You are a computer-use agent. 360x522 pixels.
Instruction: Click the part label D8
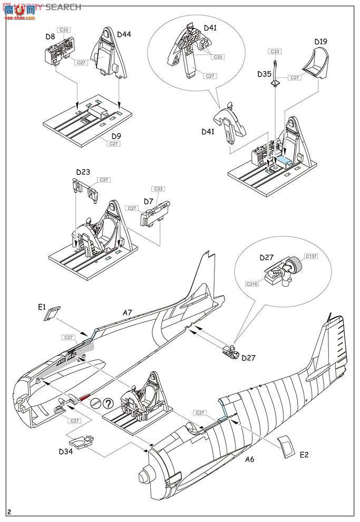click(50, 36)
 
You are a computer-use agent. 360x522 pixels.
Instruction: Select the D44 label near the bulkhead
click(124, 34)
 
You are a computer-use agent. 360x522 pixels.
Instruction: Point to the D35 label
click(265, 74)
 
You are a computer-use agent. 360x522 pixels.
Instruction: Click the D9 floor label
click(115, 136)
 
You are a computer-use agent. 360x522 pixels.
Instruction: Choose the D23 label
click(83, 172)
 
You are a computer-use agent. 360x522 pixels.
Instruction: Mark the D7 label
click(149, 201)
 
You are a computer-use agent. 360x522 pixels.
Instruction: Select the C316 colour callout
click(252, 284)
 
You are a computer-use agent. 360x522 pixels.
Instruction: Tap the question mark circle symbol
click(107, 402)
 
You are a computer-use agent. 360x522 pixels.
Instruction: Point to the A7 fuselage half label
click(128, 313)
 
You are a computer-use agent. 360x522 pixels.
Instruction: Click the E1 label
click(42, 306)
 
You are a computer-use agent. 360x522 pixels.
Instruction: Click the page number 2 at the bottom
click(9, 512)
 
